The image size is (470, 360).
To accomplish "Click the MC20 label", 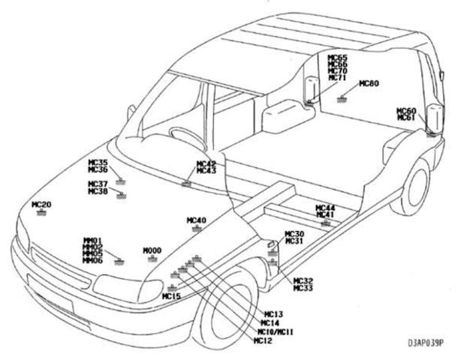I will pyautogui.click(x=41, y=204).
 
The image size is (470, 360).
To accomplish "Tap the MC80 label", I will pyautogui.click(x=369, y=83).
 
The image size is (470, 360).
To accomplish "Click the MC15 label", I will pyautogui.click(x=172, y=296).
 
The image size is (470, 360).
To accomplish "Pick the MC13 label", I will pyautogui.click(x=273, y=313).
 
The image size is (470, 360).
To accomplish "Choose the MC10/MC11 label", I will pyautogui.click(x=276, y=331).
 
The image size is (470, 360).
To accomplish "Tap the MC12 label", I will pyautogui.click(x=264, y=340).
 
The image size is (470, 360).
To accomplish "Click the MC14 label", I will pyautogui.click(x=270, y=322).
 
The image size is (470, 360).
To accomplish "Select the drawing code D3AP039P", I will pyautogui.click(x=427, y=343).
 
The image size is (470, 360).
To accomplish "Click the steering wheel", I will pyautogui.click(x=183, y=136).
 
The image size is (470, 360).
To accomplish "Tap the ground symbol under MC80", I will pyautogui.click(x=342, y=98).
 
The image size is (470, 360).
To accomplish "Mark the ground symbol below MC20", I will pyautogui.click(x=42, y=213).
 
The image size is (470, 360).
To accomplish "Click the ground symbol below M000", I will pyautogui.click(x=152, y=259).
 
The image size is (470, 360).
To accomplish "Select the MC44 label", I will pyautogui.click(x=325, y=207).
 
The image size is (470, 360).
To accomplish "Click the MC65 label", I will pyautogui.click(x=337, y=58).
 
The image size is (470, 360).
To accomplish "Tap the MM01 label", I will pyautogui.click(x=92, y=241).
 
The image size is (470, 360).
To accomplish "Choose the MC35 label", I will pyautogui.click(x=98, y=162).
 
